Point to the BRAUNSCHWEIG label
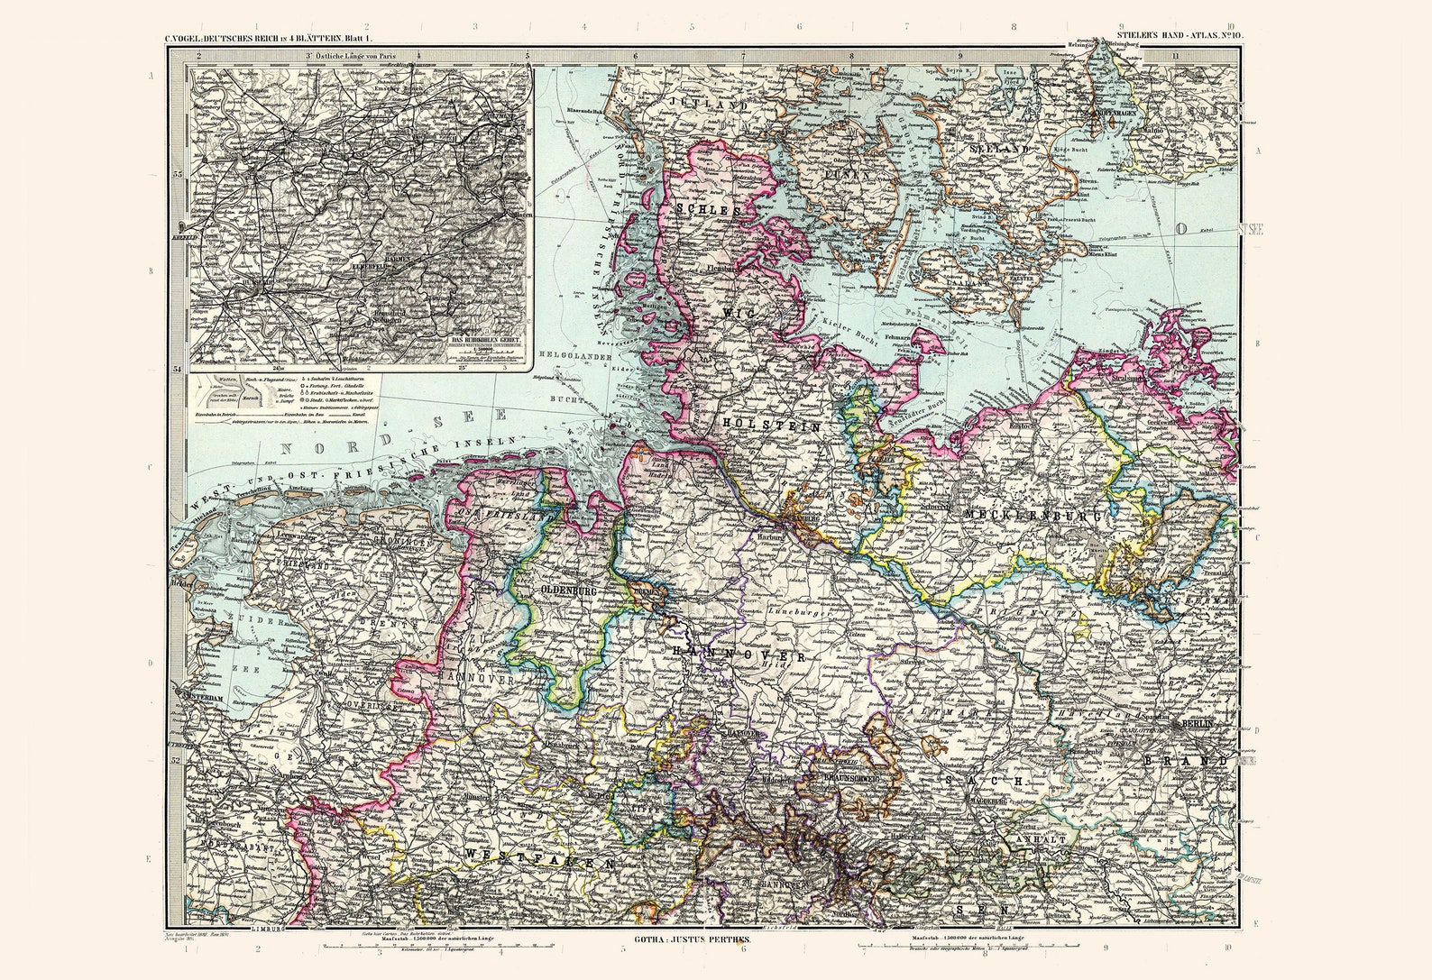click(x=840, y=780)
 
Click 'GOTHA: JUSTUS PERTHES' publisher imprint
click(x=686, y=939)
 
